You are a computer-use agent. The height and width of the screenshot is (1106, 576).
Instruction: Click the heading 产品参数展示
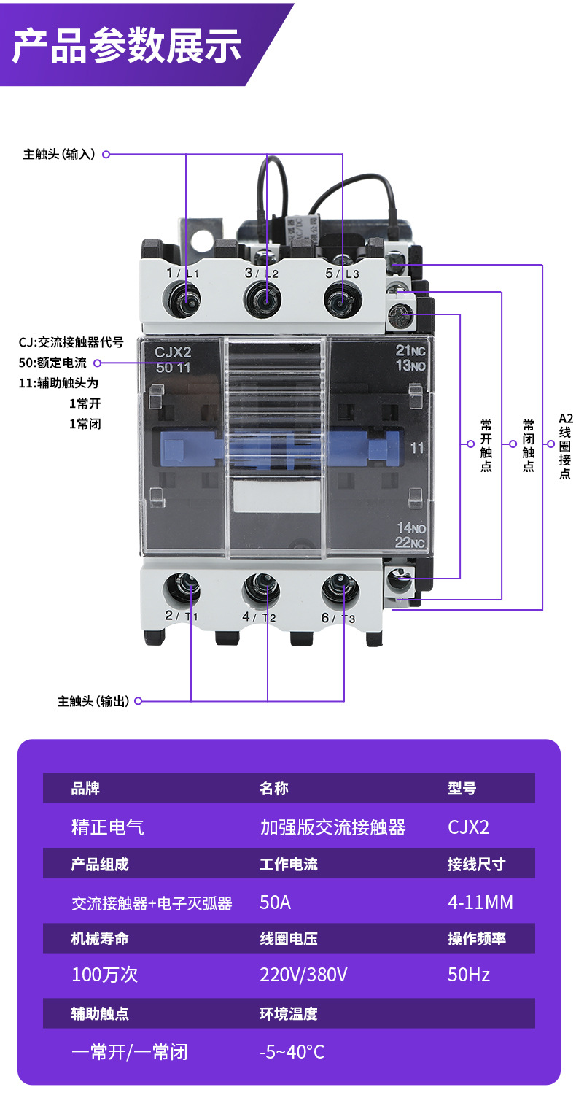(127, 46)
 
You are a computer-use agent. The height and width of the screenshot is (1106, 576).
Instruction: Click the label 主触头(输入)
(59, 155)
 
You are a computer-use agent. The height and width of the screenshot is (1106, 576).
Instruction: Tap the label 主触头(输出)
(93, 701)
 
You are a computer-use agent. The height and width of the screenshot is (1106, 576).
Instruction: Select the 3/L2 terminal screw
(265, 298)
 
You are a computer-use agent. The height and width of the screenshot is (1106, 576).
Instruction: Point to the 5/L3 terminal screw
(342, 298)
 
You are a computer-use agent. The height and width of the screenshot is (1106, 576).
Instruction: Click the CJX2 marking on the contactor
(173, 352)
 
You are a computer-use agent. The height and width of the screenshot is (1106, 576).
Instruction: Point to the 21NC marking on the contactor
(410, 351)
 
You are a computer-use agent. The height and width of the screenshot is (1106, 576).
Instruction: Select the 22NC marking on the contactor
(410, 541)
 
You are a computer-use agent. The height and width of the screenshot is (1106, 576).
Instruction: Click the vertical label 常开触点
(486, 445)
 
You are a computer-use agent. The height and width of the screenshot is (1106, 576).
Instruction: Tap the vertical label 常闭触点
(529, 445)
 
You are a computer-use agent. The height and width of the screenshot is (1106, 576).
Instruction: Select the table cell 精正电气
(107, 827)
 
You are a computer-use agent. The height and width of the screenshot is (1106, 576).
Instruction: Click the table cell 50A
(276, 902)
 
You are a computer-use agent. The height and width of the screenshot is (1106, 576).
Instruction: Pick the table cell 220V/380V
(303, 975)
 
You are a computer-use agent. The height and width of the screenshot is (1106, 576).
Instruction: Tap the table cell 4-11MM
(480, 902)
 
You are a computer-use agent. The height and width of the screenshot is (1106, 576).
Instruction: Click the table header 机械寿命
(100, 939)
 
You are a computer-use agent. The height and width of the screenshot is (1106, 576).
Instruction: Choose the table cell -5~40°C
(292, 1051)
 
